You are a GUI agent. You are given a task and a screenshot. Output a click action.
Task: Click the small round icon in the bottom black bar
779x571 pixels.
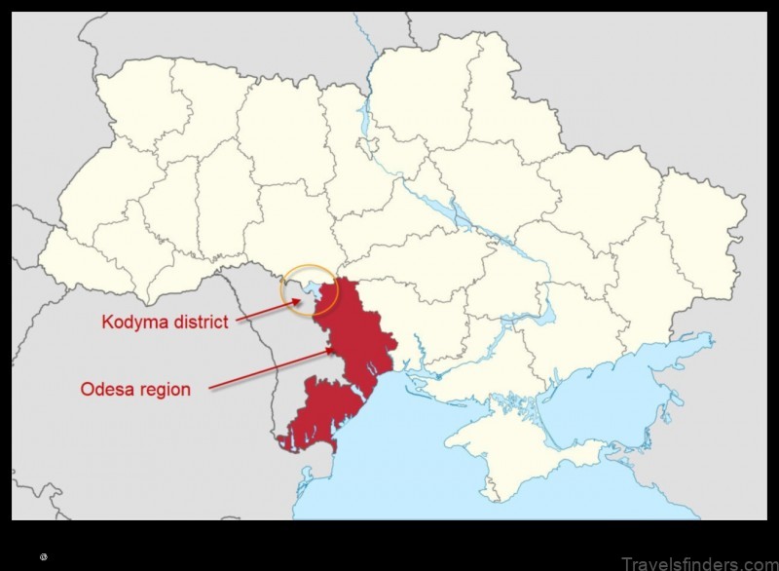(44, 556)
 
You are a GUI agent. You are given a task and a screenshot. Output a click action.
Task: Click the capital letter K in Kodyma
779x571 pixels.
(106, 323)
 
